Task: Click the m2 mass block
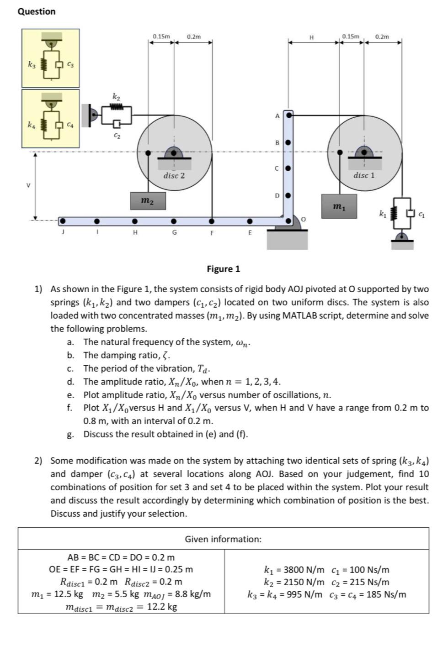tap(148, 201)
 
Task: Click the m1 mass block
tap(339, 206)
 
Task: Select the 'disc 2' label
tap(174, 175)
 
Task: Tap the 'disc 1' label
tap(364, 175)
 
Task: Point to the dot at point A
tap(289, 115)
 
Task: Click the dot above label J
tap(63, 221)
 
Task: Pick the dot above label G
tap(174, 221)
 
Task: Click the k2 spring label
tap(117, 97)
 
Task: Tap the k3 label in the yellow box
tap(31, 64)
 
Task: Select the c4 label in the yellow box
tap(70, 124)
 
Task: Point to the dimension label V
tap(28, 185)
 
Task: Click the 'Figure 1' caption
tap(223, 269)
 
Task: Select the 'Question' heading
tap(37, 11)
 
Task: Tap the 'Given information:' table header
tap(223, 539)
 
